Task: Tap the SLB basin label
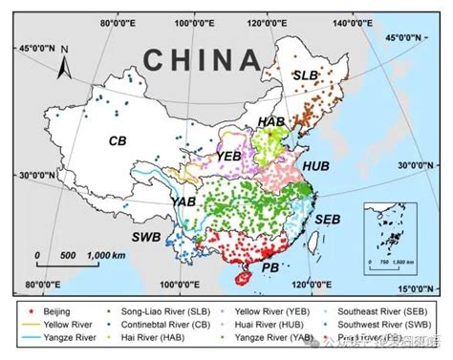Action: [304, 74]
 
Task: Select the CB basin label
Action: [118, 140]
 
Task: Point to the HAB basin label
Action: [271, 122]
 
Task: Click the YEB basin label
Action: [228, 155]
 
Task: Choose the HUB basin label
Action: [314, 165]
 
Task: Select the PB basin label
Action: [270, 268]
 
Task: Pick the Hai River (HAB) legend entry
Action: [172, 338]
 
